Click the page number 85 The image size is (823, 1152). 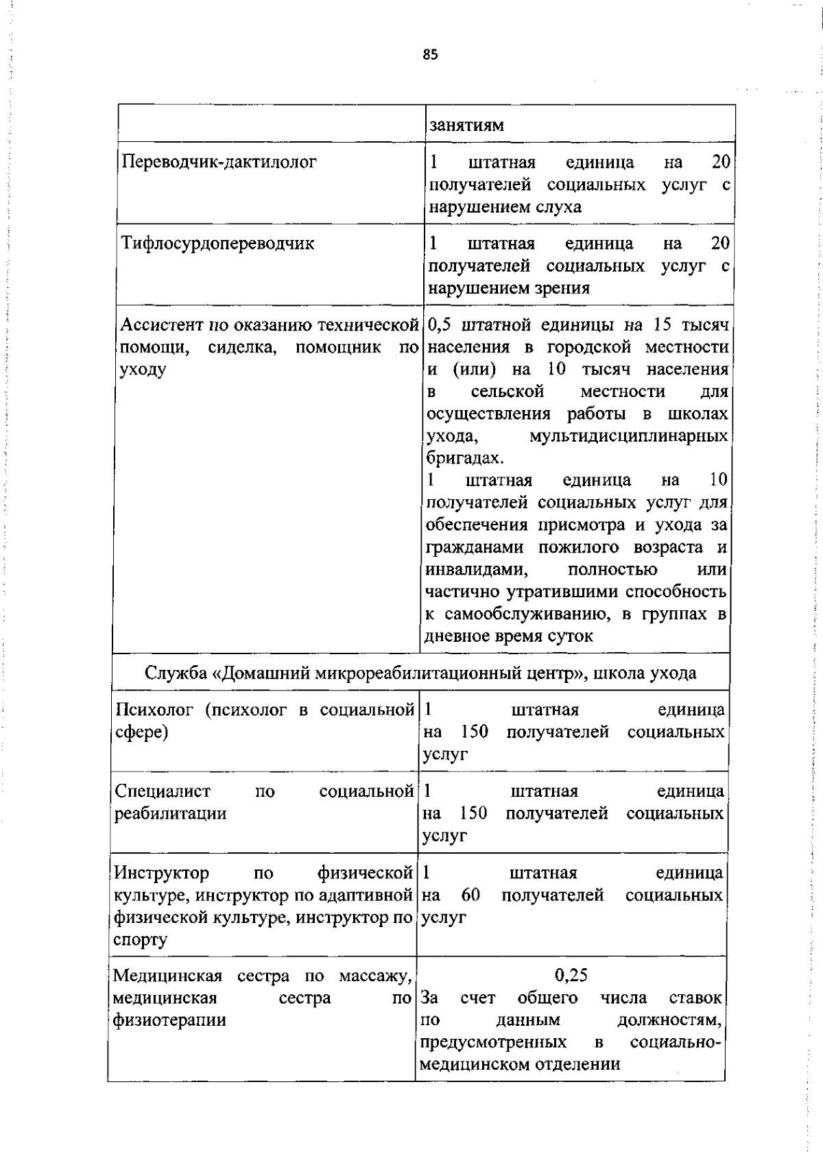(x=430, y=56)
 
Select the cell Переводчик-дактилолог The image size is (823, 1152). (x=219, y=163)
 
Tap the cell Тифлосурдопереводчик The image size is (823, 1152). (x=217, y=243)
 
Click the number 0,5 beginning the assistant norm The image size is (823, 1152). (x=441, y=324)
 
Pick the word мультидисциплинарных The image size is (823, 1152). (x=628, y=436)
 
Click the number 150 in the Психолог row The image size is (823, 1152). (x=474, y=732)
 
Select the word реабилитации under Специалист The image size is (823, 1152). (x=169, y=814)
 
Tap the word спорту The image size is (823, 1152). (x=140, y=939)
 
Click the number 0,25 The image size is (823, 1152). (x=571, y=975)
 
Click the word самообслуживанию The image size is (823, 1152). (x=525, y=614)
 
